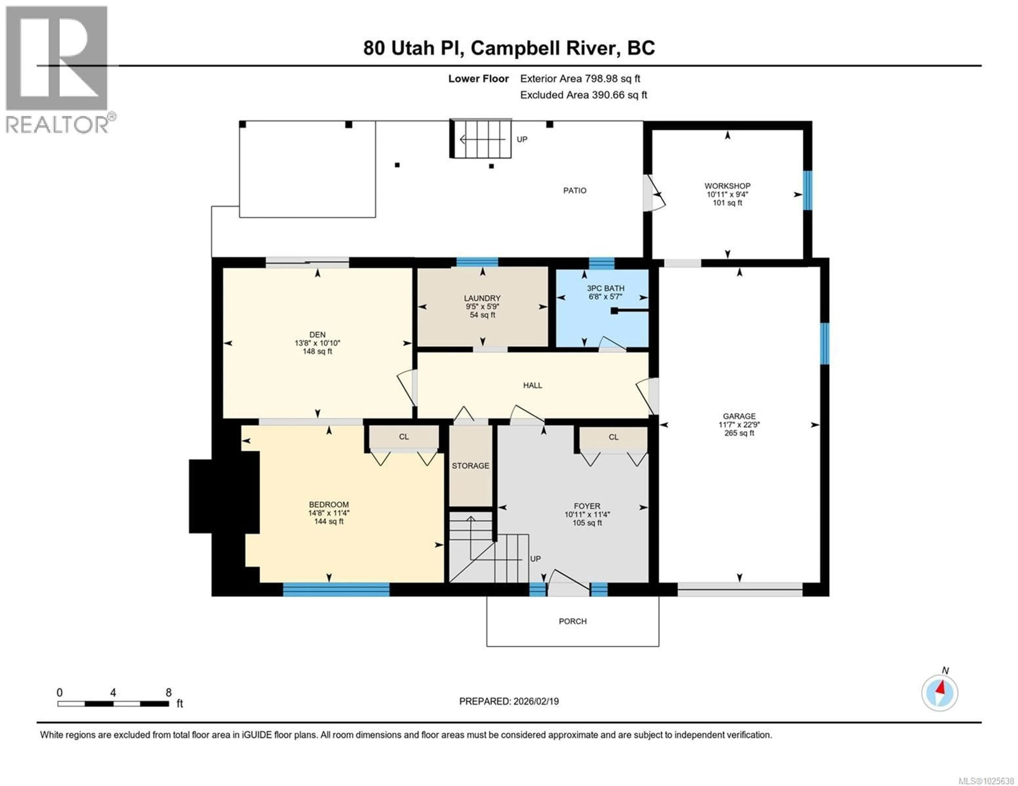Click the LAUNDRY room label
pos(482,298)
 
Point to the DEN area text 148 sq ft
pos(317,351)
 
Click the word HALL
pos(532,385)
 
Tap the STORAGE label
pos(470,465)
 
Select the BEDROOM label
pos(329,505)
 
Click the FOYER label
pos(587,506)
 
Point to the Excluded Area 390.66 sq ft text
pos(583,95)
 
